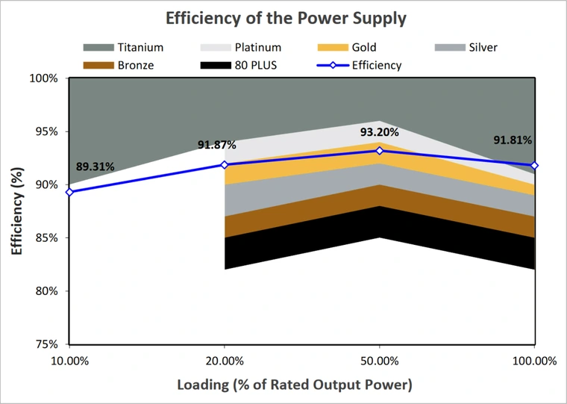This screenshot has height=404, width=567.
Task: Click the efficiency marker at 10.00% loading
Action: (69, 192)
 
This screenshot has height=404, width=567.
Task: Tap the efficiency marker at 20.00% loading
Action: (225, 164)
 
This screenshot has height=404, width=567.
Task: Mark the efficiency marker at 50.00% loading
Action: (380, 150)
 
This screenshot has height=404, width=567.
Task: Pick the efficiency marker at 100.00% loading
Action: (535, 165)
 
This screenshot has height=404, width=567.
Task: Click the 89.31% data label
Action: (95, 167)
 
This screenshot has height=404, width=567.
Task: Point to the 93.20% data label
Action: (380, 132)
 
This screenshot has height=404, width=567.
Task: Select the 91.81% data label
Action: (513, 140)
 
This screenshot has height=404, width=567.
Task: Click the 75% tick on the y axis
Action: (48, 344)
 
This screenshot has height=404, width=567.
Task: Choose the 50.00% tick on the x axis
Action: (380, 361)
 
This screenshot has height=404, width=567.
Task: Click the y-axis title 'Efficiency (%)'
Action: (16, 211)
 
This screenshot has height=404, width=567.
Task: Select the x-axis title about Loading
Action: (294, 385)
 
